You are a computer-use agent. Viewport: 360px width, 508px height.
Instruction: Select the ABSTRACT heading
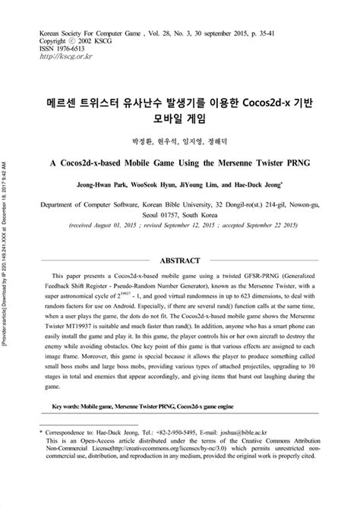pyautogui.click(x=180, y=260)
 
